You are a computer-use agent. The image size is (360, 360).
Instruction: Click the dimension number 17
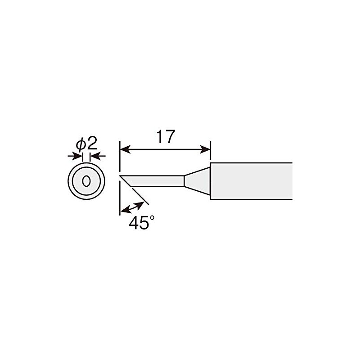[165, 136]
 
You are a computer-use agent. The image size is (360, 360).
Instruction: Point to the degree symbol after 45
[152, 218]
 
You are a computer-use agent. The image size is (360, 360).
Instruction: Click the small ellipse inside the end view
[86, 181]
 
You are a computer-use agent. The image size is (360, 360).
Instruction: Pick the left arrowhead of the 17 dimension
[124, 148]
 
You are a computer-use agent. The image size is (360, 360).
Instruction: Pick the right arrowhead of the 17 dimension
[206, 148]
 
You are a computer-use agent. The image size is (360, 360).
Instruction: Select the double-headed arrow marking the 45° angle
[133, 207]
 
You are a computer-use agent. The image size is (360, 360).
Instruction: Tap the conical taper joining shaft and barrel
[197, 181]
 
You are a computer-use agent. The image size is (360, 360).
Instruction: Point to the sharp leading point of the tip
[121, 175]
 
